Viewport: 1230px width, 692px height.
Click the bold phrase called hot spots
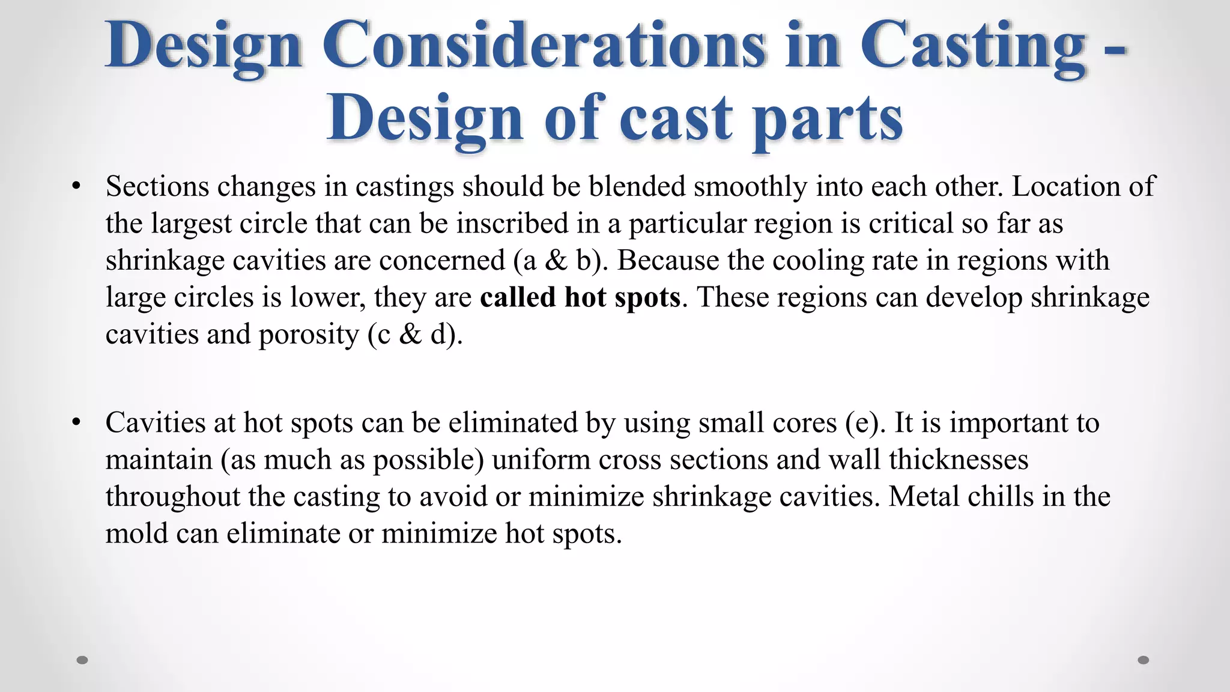[x=580, y=297]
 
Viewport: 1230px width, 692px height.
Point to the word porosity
[x=309, y=335]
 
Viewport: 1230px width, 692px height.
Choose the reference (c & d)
[x=415, y=335]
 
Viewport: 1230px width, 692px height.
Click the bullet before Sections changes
[x=76, y=187]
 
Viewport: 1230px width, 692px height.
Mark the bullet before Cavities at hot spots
[x=76, y=423]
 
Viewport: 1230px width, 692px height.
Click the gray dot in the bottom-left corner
[x=83, y=660]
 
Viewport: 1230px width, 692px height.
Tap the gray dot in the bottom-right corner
[x=1144, y=660]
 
